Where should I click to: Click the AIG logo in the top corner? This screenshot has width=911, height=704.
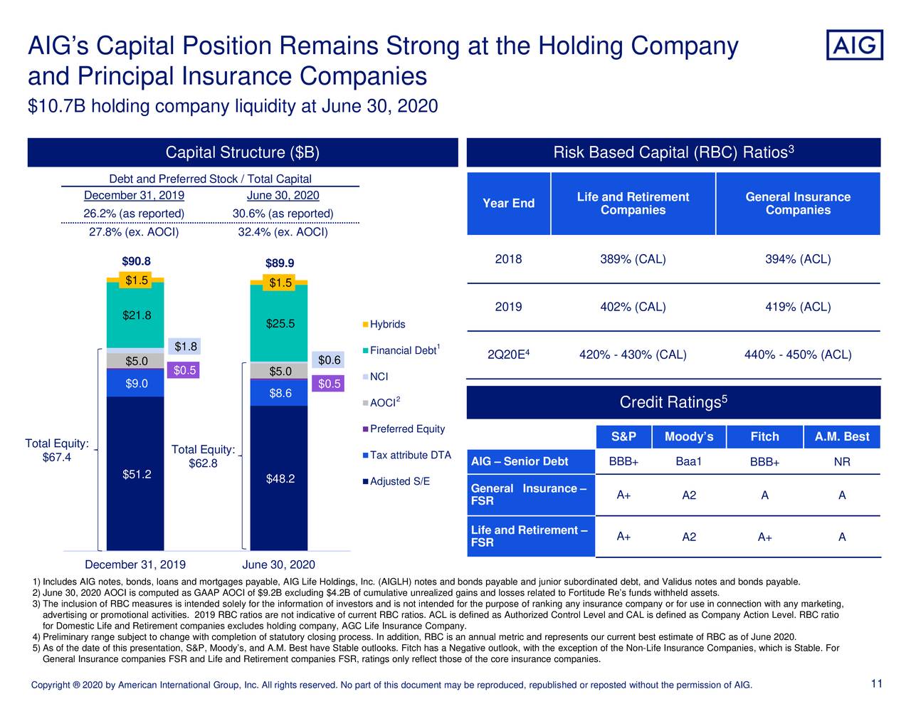(x=854, y=45)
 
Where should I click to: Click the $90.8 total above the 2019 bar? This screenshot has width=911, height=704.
(x=136, y=261)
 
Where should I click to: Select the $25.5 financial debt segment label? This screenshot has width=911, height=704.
(x=280, y=324)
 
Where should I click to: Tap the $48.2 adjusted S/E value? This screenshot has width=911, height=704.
(x=280, y=478)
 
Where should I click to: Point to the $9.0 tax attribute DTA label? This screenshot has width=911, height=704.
(x=136, y=384)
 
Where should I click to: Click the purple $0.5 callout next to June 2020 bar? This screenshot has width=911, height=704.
(x=330, y=384)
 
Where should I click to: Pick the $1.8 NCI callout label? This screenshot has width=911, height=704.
(x=186, y=347)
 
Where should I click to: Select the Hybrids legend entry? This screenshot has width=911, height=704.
(x=386, y=325)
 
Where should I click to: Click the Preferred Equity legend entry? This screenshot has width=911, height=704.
(x=406, y=429)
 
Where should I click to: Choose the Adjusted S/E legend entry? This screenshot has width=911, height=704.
(x=399, y=481)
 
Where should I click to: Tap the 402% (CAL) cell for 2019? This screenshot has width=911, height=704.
(x=633, y=307)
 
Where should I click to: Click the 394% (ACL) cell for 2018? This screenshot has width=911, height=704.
(x=797, y=259)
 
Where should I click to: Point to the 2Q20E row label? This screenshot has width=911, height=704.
(x=508, y=354)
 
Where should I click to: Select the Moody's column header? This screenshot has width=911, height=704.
(x=688, y=436)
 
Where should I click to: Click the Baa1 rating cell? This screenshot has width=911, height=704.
(x=688, y=461)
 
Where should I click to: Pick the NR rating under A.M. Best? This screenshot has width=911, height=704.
(x=841, y=462)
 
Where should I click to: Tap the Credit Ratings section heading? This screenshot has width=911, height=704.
(x=673, y=402)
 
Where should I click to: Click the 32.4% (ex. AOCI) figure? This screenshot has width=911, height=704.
(x=283, y=232)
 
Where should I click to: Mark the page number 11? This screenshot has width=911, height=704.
(x=876, y=684)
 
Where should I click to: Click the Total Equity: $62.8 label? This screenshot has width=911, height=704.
(x=203, y=457)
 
